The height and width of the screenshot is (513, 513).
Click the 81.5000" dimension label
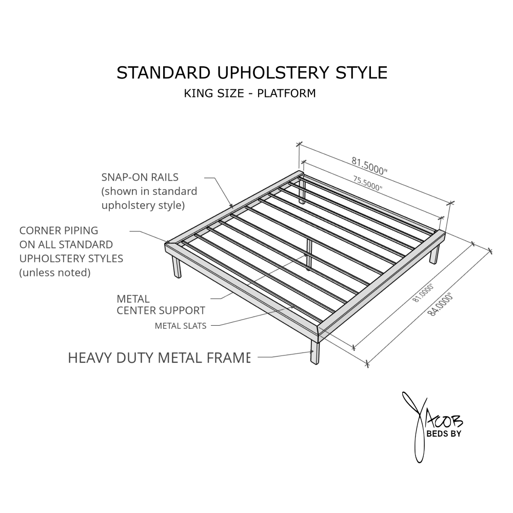(x=369, y=166)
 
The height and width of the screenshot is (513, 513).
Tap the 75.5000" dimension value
(x=367, y=183)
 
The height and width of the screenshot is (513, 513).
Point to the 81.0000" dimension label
(x=423, y=292)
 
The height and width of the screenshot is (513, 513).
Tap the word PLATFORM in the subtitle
(x=286, y=93)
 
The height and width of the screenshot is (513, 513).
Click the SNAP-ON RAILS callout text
(x=140, y=177)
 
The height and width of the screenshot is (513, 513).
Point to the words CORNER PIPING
(x=59, y=231)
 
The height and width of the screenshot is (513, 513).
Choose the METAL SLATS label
(x=181, y=326)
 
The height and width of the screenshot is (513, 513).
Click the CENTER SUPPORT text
(x=161, y=310)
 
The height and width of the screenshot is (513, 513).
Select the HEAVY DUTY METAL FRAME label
(x=159, y=358)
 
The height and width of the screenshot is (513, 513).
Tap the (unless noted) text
(x=55, y=272)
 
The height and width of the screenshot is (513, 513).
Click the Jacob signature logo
(x=432, y=427)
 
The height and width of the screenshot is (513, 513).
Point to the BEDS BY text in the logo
(x=444, y=434)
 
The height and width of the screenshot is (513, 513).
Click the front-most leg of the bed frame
(x=315, y=352)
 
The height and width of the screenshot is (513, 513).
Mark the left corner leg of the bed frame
(x=176, y=267)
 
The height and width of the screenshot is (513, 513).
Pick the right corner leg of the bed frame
(x=434, y=254)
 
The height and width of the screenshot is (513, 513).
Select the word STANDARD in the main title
(x=164, y=73)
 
